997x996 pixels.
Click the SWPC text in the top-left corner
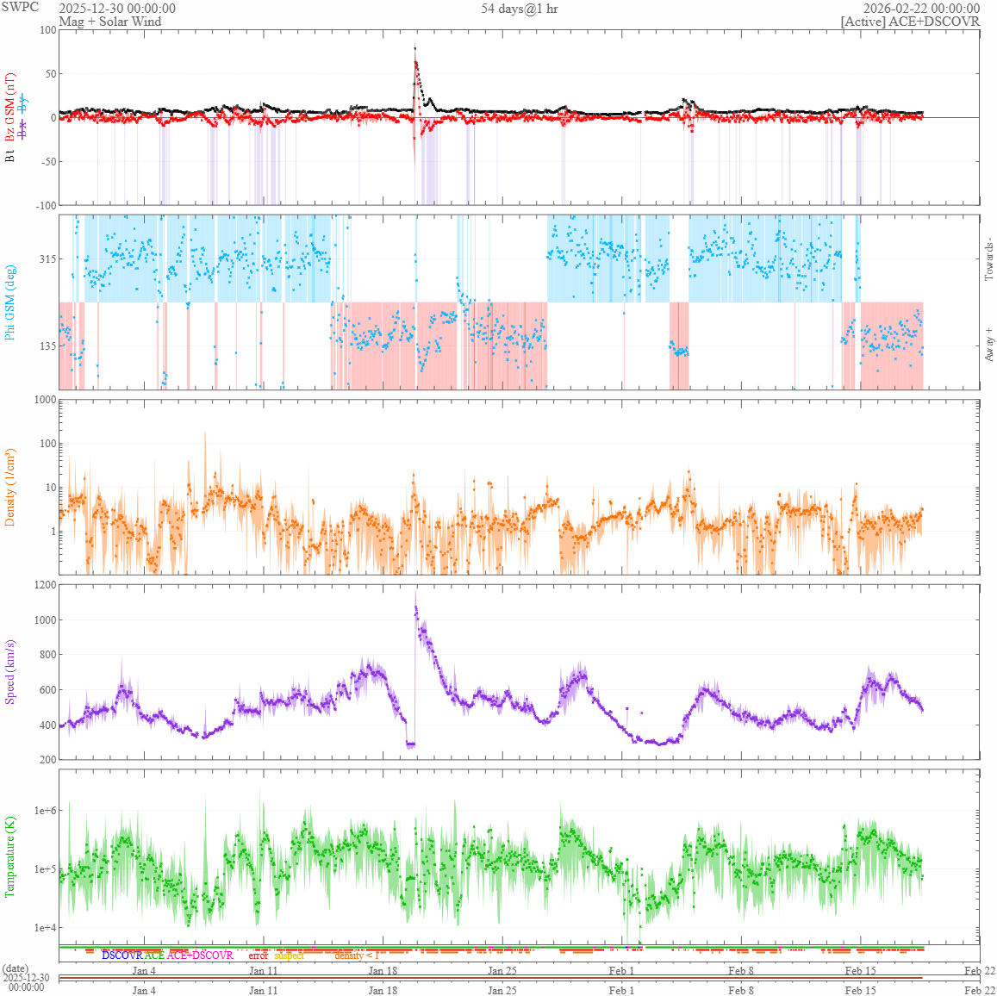pos(21,7)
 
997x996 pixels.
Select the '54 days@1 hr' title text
pos(520,9)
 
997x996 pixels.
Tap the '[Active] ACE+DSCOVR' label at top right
pos(910,22)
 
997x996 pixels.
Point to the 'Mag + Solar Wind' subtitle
pos(109,22)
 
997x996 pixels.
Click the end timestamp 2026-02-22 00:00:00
pos(921,9)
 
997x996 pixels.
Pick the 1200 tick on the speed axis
pos(44,585)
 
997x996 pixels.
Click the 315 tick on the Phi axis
pos(47,259)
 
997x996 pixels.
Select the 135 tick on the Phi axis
pos(47,346)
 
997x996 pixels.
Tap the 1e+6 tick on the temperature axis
pos(46,811)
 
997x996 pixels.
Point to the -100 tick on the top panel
pos(44,205)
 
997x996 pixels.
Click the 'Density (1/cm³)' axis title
pos(10,488)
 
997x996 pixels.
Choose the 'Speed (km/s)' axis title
pos(10,672)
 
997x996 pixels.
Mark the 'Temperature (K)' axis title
pos(10,856)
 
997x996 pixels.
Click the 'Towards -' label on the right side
pos(988,258)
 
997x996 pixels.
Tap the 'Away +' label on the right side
pos(988,344)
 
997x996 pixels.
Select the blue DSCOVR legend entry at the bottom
pos(122,956)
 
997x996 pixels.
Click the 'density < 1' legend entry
pos(357,956)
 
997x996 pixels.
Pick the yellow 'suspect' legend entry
pos(289,956)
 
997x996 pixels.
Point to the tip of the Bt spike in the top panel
pos(414,48)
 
